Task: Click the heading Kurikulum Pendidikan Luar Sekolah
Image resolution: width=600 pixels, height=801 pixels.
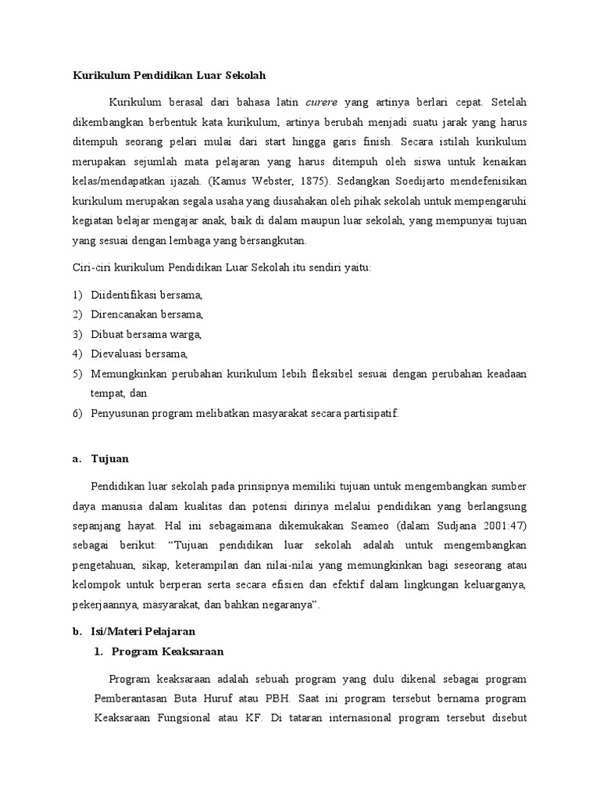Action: coord(170,76)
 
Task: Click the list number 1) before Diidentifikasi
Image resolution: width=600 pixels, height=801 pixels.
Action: coord(77,295)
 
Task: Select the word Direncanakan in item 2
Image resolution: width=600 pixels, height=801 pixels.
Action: coord(124,314)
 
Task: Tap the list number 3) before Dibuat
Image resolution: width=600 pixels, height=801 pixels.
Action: coord(77,334)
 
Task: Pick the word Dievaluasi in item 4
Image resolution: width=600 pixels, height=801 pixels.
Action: coord(120,354)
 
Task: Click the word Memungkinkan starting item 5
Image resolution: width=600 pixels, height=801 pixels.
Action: coord(128,374)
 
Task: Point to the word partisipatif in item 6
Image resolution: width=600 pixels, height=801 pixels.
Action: coord(370,413)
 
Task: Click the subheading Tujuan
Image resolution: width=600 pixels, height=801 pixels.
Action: coord(109,459)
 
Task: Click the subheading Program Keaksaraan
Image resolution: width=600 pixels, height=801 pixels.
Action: coord(168,651)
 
